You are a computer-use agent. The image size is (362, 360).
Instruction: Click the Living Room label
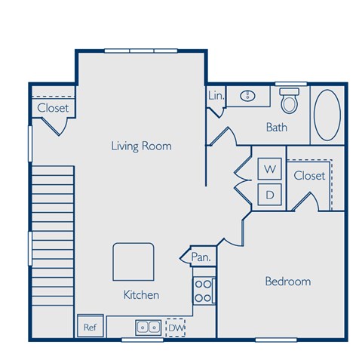pyautogui.click(x=141, y=146)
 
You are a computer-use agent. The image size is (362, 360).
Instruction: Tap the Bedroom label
pyautogui.click(x=287, y=282)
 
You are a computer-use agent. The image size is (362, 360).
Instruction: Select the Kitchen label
pyautogui.click(x=141, y=294)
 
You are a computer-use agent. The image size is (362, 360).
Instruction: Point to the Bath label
pyautogui.click(x=277, y=128)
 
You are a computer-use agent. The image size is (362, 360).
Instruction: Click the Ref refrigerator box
pyautogui.click(x=90, y=326)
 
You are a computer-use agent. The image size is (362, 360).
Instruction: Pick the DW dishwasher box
pyautogui.click(x=175, y=327)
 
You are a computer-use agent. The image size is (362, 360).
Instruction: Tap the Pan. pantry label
pyautogui.click(x=201, y=257)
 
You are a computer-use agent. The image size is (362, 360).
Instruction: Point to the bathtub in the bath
pyautogui.click(x=327, y=115)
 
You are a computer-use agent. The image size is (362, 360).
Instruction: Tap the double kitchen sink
pyautogui.click(x=148, y=327)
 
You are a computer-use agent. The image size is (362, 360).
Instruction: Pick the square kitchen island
pyautogui.click(x=134, y=261)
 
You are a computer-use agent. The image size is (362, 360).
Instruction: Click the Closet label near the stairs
pyautogui.click(x=53, y=108)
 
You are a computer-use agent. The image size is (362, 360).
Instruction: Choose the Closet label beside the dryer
pyautogui.click(x=309, y=176)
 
